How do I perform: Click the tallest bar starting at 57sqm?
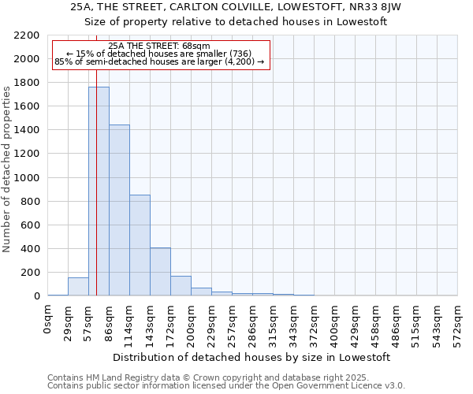click(x=99, y=191)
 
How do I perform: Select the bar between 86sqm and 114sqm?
click(x=119, y=210)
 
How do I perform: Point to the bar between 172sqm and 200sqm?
click(x=181, y=286)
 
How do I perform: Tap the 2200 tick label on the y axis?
click(x=27, y=35)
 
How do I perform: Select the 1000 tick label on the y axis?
click(x=27, y=178)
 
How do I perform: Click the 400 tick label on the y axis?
click(x=30, y=249)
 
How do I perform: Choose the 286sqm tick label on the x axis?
click(x=233, y=322)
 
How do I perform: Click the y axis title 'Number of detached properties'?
click(x=7, y=166)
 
